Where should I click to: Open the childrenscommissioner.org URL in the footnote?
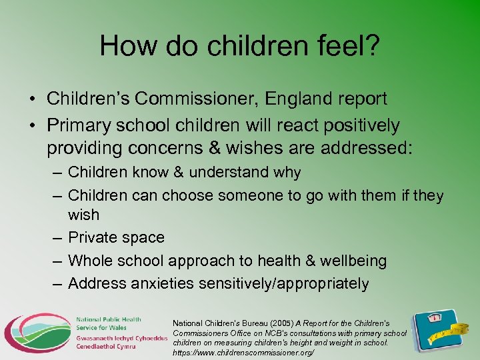click(x=243, y=351)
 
